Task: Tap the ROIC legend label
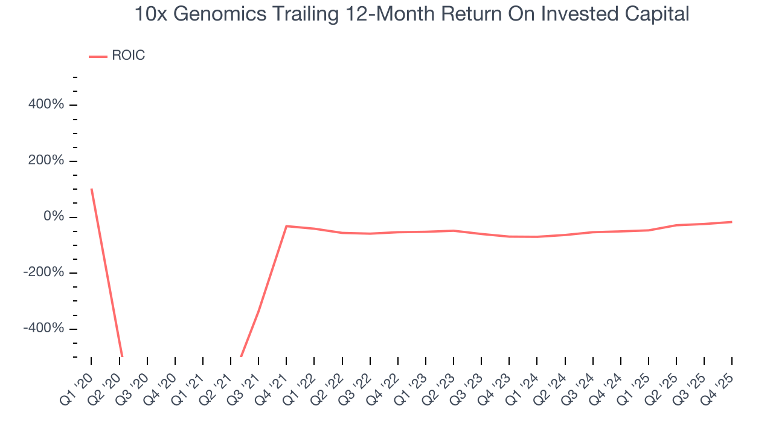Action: coord(128,56)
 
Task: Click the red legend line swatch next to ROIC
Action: coord(98,56)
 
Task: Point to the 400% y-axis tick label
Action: coord(46,105)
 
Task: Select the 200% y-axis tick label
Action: coord(46,161)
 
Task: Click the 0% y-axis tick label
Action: coord(53,216)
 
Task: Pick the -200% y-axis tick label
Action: coord(43,272)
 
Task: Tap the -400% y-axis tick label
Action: coord(43,328)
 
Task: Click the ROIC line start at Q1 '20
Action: coord(91,189)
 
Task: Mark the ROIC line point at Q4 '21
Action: coord(286,226)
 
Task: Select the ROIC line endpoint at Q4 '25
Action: coord(731,222)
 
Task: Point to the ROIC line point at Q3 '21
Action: coord(258,312)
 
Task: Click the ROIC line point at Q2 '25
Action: coord(676,225)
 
